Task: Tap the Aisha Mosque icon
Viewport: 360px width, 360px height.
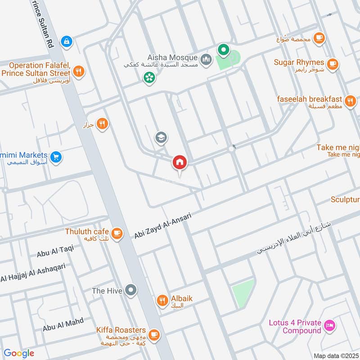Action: click(206, 58)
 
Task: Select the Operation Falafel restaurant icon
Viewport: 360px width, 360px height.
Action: click(79, 71)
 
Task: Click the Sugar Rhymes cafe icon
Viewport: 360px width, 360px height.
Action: click(333, 63)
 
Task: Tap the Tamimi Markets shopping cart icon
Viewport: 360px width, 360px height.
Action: click(56, 157)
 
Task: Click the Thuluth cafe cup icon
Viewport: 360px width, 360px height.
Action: click(117, 233)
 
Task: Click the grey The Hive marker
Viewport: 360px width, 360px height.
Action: click(131, 290)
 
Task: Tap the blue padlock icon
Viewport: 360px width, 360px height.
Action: click(67, 41)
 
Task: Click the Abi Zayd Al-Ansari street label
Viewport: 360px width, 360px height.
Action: click(162, 226)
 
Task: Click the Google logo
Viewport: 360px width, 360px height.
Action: click(19, 353)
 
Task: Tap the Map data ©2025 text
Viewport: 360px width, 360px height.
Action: click(335, 355)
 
